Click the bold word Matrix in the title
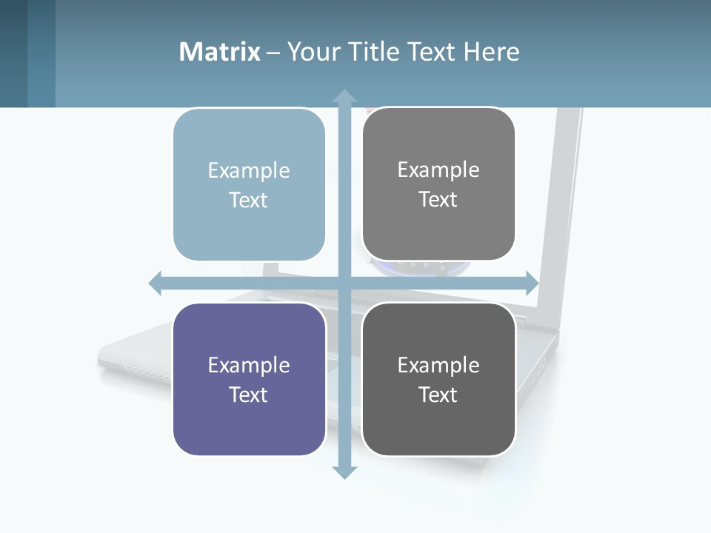pos(219,52)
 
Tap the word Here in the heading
pos(491,52)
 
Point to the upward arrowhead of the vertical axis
pos(344,97)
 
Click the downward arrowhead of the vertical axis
pos(344,472)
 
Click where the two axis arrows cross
pos(344,283)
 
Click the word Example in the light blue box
pos(249,170)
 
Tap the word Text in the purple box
pos(249,395)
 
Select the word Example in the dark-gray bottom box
pos(438,365)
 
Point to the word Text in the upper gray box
pos(438,199)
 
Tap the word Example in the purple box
pos(249,365)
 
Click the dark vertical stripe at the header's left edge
pos(13,53)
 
